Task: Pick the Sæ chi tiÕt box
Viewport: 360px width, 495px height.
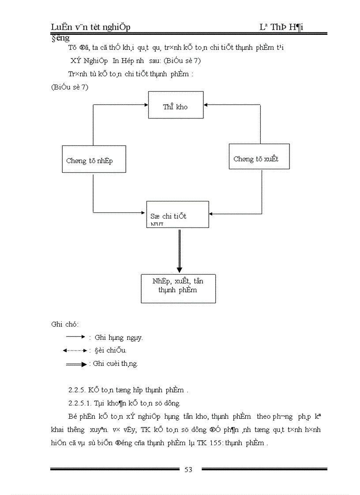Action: click(177, 214)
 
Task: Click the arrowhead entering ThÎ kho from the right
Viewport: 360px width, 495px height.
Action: click(206, 105)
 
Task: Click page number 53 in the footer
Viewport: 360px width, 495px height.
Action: click(188, 469)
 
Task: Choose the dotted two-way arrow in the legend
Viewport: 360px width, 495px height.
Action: click(75, 350)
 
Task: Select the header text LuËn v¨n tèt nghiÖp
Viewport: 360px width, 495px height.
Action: click(91, 28)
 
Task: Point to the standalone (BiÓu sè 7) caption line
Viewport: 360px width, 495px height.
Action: click(70, 87)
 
